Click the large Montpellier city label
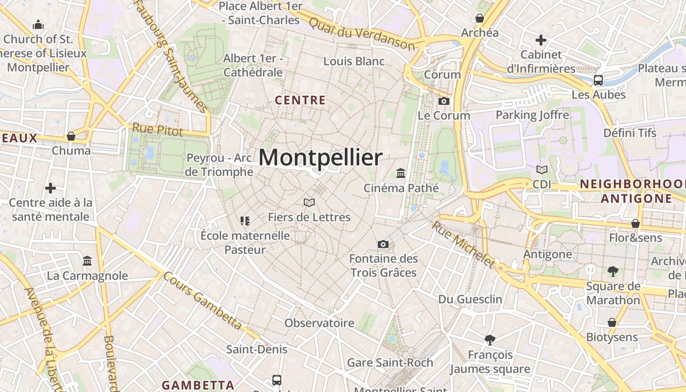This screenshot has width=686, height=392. coord(320,158)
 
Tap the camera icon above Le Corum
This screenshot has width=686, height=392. coord(444,101)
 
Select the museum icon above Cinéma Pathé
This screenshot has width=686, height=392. coord(401,173)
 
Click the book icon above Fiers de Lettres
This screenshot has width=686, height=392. coord(309,202)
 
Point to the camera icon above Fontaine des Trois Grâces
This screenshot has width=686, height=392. coord(383,244)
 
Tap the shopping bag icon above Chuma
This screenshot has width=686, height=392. coord(71,136)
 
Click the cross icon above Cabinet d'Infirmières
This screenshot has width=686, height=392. coord(541,40)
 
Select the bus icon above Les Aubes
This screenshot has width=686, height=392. coord(598,80)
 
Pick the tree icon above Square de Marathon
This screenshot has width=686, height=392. coord(612,271)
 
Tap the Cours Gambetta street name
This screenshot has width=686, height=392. coord(202,301)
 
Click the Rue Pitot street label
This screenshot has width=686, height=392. coord(158,130)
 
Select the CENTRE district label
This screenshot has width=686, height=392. coord(300,100)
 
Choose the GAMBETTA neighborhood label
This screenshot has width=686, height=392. coord(198,385)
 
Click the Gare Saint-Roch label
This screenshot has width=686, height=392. coord(390,363)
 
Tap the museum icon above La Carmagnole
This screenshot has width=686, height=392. coord(87,261)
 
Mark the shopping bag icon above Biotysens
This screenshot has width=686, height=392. coord(612,322)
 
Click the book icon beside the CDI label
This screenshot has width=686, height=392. coord(542,170)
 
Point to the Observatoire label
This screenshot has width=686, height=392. coord(319,323)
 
